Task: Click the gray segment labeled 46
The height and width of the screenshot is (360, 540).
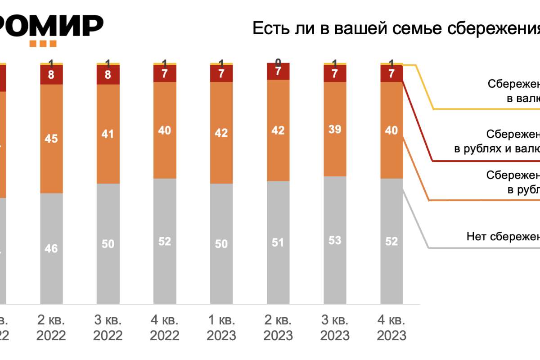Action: (x=51, y=248)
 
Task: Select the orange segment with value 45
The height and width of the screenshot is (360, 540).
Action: (x=51, y=139)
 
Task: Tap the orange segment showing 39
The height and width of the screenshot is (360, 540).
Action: (x=335, y=129)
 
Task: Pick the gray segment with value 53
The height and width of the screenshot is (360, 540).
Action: (x=335, y=240)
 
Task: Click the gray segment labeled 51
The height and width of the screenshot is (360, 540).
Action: (x=278, y=243)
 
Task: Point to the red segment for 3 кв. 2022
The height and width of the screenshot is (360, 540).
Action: (x=108, y=75)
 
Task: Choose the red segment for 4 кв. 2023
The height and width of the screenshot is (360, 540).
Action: (x=391, y=74)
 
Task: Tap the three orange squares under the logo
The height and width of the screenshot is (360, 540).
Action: (x=43, y=44)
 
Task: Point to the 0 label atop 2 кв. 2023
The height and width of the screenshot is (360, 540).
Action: (x=278, y=63)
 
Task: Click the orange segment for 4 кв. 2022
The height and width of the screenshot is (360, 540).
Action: (x=165, y=130)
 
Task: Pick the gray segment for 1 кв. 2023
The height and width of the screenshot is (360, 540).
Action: (x=221, y=243)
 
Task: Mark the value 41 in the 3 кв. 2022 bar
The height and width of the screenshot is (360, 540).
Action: (x=108, y=134)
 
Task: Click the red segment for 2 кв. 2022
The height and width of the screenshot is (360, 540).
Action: (x=51, y=75)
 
